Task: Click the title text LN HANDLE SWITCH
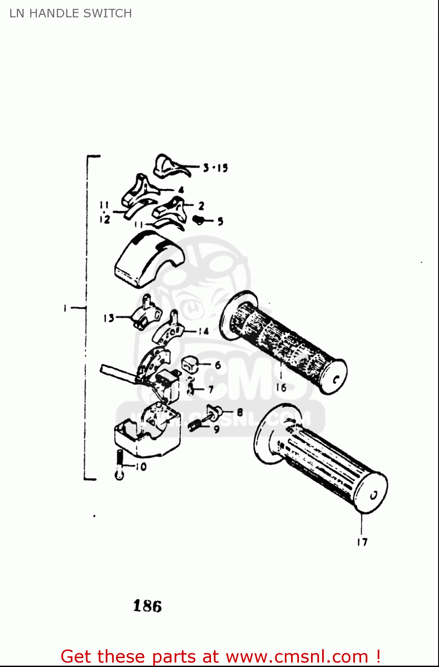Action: (71, 13)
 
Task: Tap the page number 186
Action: (148, 606)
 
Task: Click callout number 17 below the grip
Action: (362, 542)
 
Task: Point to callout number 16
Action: (281, 387)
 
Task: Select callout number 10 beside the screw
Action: (141, 466)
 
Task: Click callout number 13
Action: (108, 318)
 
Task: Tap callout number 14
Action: (204, 331)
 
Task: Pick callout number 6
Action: (218, 365)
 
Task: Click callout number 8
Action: (239, 412)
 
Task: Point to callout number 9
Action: (216, 429)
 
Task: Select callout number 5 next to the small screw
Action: (220, 221)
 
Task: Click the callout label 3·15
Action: (216, 168)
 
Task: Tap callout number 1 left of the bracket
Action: (65, 308)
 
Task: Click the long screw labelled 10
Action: (119, 465)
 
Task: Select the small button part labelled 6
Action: (189, 364)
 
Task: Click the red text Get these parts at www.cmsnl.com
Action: (220, 656)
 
